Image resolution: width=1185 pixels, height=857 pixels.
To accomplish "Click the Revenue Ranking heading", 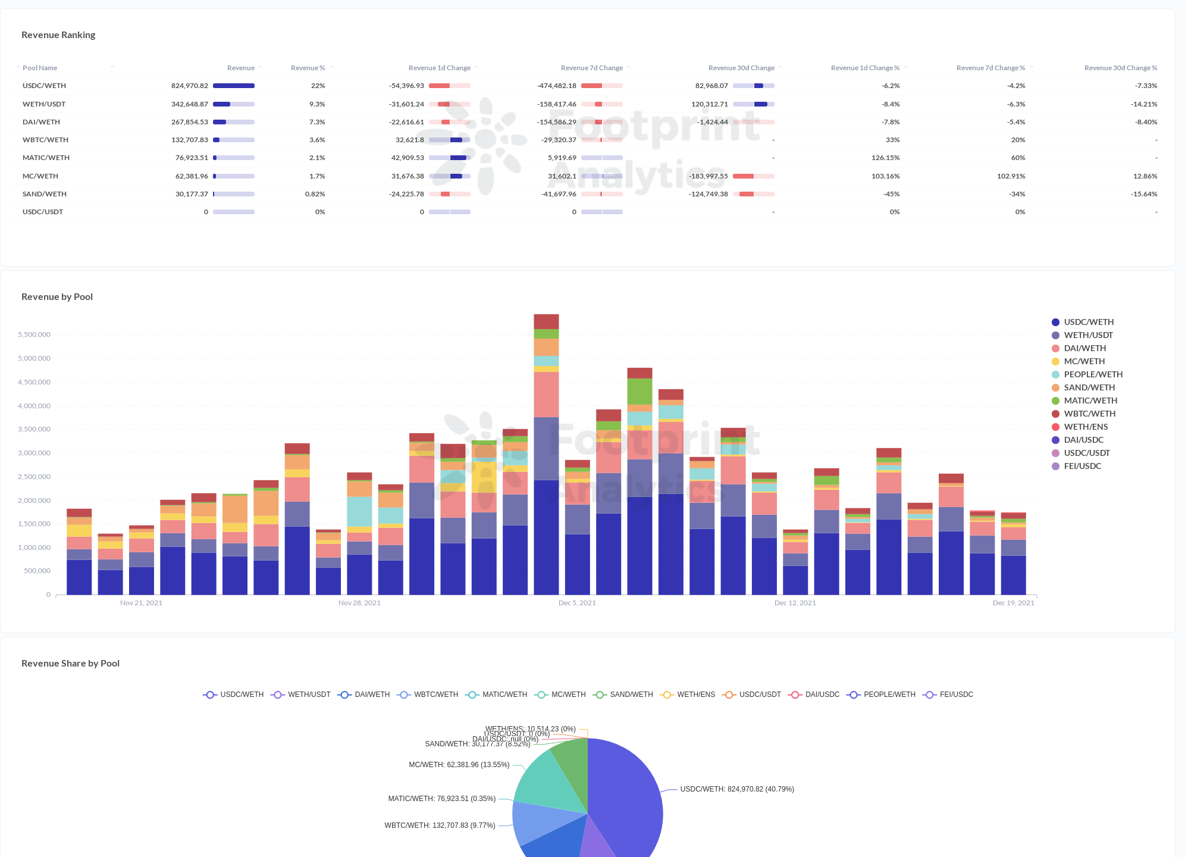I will click(58, 35).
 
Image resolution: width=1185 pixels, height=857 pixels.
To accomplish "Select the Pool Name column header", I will click(40, 68).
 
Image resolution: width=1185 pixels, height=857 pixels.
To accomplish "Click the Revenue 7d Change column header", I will click(591, 68).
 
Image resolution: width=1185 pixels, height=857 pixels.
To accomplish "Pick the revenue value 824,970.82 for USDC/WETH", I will click(189, 86).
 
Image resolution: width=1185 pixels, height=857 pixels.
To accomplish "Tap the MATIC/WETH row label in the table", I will click(46, 158).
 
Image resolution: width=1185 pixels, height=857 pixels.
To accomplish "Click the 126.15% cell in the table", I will click(885, 158).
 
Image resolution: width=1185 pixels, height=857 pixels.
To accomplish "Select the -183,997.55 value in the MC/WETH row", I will click(708, 176).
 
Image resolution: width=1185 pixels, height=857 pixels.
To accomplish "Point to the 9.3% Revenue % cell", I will click(317, 104).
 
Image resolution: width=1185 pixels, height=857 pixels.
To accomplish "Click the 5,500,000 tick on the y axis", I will click(34, 334).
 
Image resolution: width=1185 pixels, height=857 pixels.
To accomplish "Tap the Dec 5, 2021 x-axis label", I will click(577, 603).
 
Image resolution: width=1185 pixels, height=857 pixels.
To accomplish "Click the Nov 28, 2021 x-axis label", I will click(359, 603).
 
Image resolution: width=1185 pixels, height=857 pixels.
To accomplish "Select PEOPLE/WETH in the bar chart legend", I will click(1093, 374).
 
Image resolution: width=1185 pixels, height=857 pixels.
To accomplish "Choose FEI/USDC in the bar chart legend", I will click(1082, 466).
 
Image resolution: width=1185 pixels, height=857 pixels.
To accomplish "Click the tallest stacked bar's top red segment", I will click(546, 321).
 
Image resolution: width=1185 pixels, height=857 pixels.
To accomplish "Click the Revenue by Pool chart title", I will click(57, 297).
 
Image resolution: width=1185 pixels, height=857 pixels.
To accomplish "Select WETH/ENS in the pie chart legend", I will click(695, 695).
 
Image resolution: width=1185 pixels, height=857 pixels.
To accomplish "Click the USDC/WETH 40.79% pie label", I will click(736, 789).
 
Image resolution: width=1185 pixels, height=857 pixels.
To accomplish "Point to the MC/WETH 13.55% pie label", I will click(459, 765).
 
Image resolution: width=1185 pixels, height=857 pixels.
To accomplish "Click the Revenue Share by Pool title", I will click(70, 664).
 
